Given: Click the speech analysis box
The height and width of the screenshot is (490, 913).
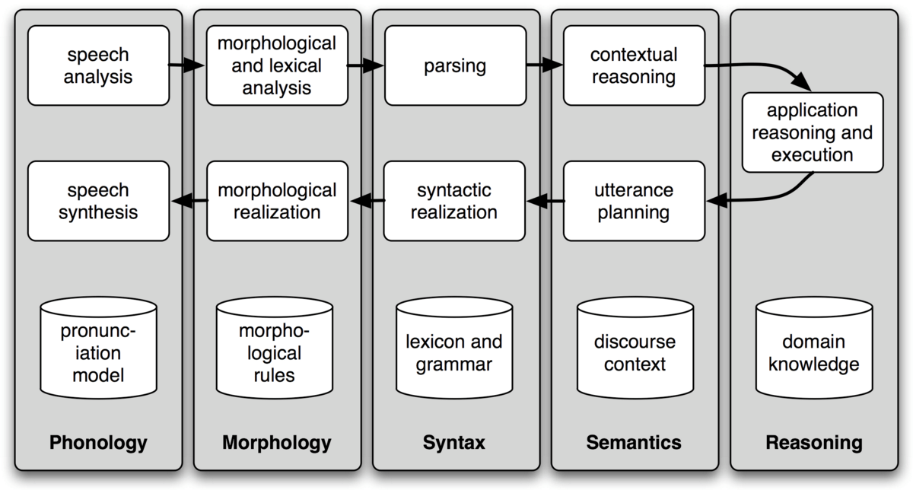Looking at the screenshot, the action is coord(98,65).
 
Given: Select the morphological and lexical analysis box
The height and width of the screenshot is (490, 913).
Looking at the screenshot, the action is coord(277,65).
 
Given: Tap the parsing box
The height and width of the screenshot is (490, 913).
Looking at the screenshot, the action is coord(455,65).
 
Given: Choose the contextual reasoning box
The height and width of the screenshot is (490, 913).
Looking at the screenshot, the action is coord(635,65).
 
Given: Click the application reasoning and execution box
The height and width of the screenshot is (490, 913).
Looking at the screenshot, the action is coord(813,132).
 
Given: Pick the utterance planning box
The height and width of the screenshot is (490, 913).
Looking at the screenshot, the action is coord(635,201).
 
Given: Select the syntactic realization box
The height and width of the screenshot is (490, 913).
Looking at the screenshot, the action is coord(454,201).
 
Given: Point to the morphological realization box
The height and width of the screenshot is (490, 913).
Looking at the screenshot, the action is coord(277,201).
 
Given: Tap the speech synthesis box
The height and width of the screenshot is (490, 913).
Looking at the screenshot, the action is coord(98,201).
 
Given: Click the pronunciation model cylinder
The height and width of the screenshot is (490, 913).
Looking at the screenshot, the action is coord(98,348).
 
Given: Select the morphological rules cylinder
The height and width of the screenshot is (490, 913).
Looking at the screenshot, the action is coord(275,348).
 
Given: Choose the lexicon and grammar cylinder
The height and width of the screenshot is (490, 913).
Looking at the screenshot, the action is coord(454,348).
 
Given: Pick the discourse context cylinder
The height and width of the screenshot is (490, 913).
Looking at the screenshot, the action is coord(635,348).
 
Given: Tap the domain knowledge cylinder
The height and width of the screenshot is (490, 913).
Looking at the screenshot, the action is coord(814,348).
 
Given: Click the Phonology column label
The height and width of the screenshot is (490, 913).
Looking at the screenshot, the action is coord(98,443).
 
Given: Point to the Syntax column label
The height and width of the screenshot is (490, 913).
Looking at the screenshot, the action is coord(454,443).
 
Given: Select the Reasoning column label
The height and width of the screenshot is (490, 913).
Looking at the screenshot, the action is coord(814,443).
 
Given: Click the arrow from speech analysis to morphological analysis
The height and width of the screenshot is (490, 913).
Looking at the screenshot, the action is coord(186,65).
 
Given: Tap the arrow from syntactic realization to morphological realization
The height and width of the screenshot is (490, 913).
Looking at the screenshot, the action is coord(367,200).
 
